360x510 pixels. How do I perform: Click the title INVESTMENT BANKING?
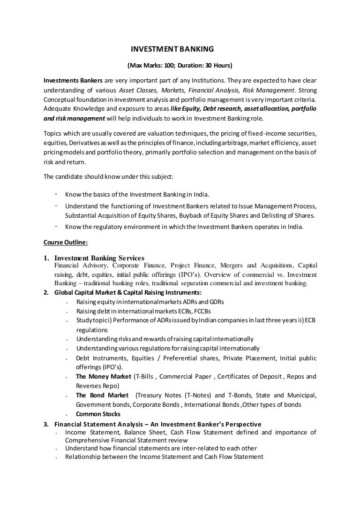pyautogui.click(x=172, y=49)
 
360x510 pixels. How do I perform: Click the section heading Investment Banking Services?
pyautogui.click(x=99, y=258)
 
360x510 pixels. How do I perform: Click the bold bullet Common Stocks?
pyautogui.click(x=98, y=414)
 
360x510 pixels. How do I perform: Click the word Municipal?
pyautogui.click(x=300, y=395)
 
